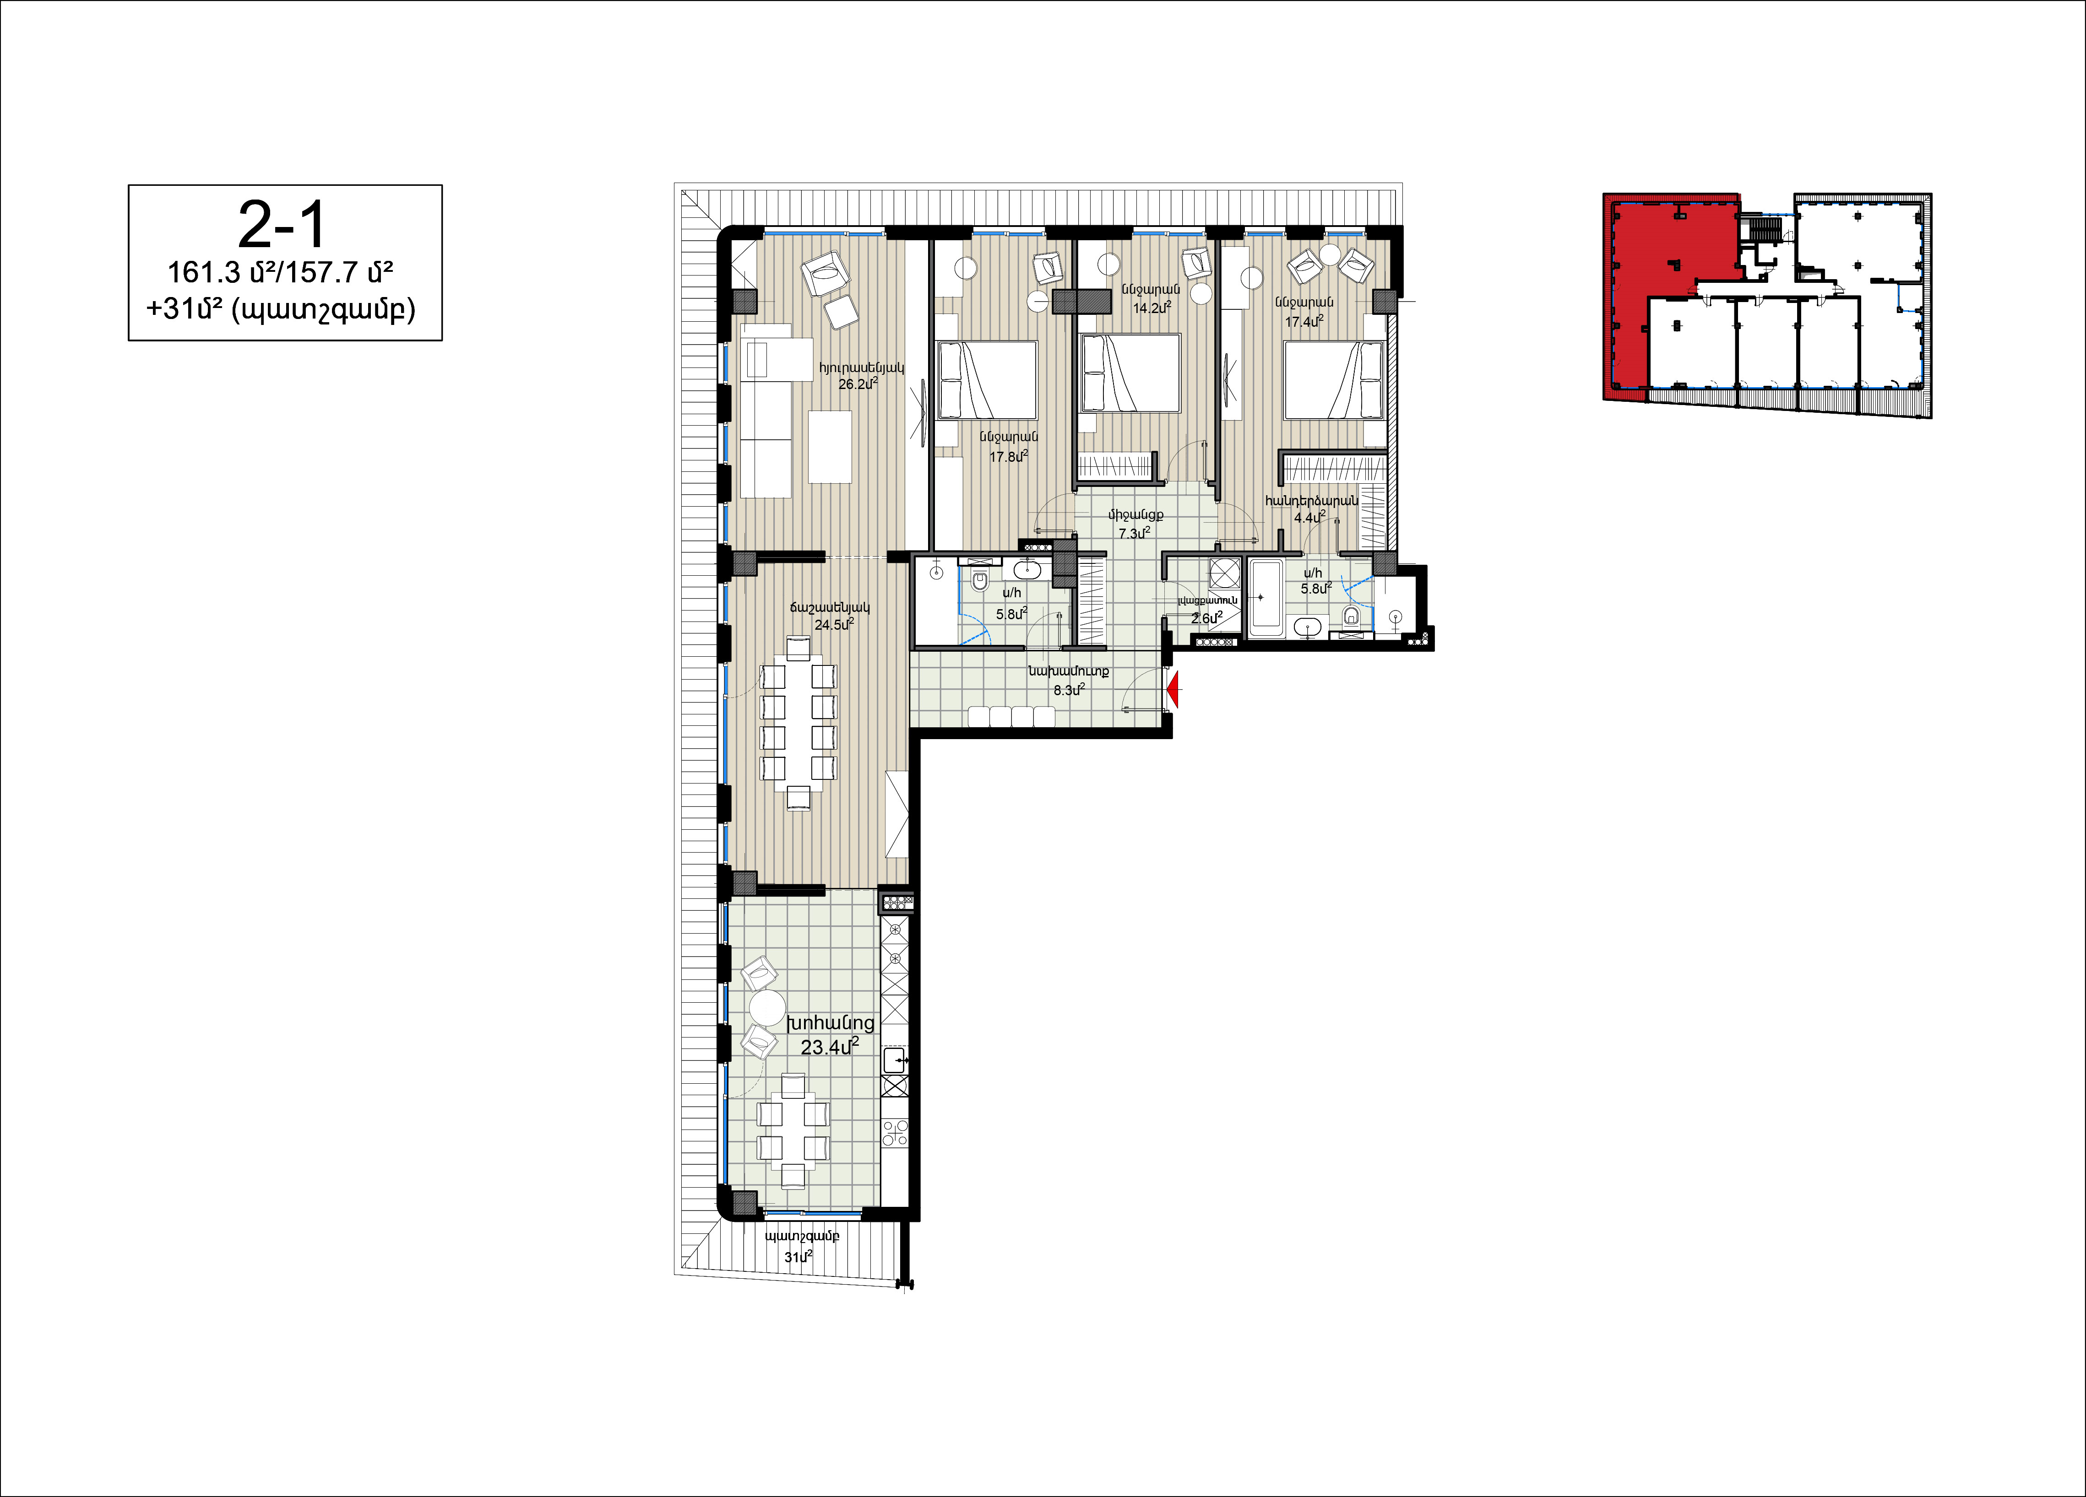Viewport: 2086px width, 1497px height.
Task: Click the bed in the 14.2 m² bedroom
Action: (x=1130, y=373)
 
